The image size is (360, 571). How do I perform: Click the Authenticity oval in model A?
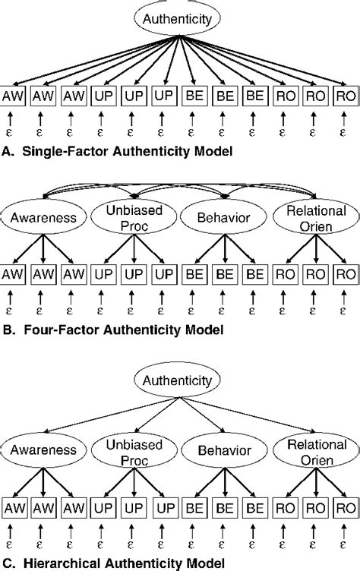point(179,18)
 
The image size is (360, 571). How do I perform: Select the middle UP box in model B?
point(134,273)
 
